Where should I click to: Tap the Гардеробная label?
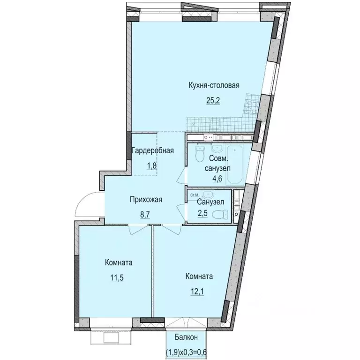153,151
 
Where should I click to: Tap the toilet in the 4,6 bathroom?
199,153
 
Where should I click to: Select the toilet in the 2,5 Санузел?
219,215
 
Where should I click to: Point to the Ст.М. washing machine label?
194,194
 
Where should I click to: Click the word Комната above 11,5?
118,262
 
